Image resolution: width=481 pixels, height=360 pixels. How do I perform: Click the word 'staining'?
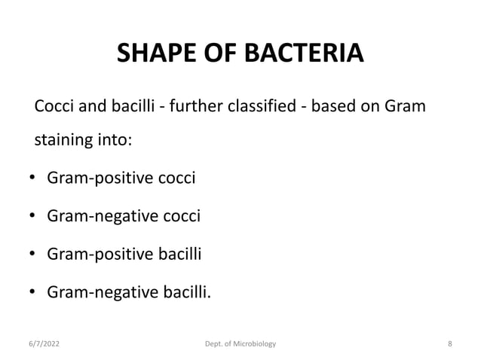point(61,142)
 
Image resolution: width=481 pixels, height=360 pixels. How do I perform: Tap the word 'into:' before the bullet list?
point(107,142)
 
